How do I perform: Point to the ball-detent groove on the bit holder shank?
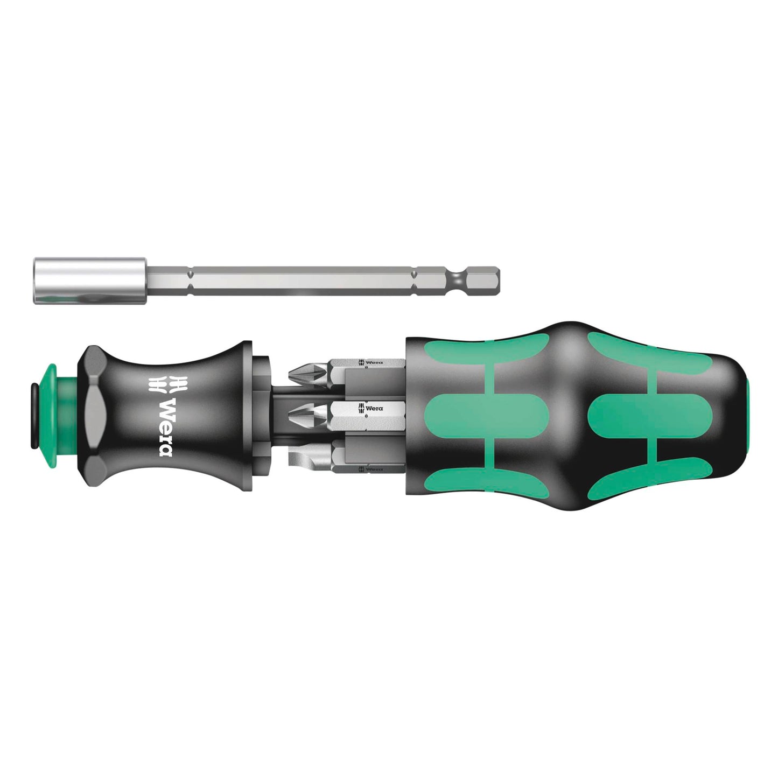(457, 278)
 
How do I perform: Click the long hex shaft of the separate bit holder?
(302, 279)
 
